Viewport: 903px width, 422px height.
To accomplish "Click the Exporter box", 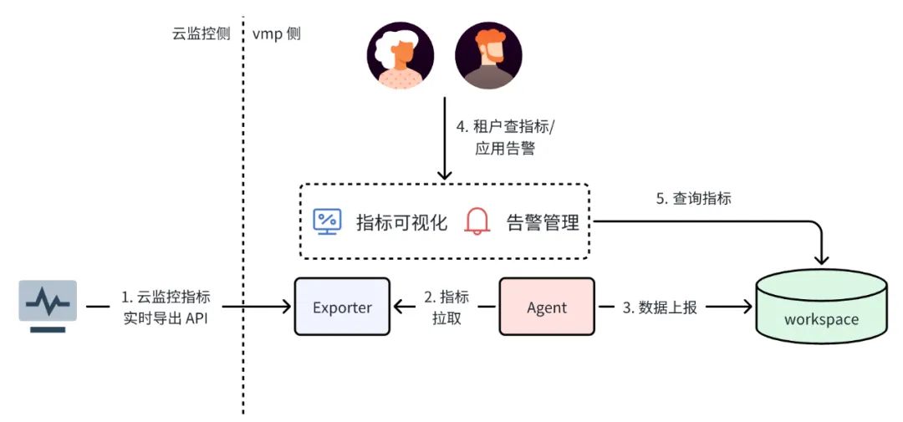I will pyautogui.click(x=342, y=307).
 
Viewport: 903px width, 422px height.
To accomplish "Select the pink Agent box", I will pyautogui.click(x=547, y=307).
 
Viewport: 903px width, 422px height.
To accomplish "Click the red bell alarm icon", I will pyautogui.click(x=477, y=221).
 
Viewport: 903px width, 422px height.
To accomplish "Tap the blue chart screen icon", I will pyautogui.click(x=326, y=221).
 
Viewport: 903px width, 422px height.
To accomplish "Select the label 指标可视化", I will pyautogui.click(x=401, y=222).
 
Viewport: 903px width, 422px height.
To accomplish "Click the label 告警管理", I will pyautogui.click(x=543, y=222).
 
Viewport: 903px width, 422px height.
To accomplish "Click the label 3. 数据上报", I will pyautogui.click(x=660, y=307).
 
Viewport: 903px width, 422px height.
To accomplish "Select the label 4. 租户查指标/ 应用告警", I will pyautogui.click(x=499, y=139).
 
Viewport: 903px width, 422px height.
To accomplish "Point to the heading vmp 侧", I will pyautogui.click(x=276, y=34).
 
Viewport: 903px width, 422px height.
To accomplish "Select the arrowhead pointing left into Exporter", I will pyautogui.click(x=400, y=307).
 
